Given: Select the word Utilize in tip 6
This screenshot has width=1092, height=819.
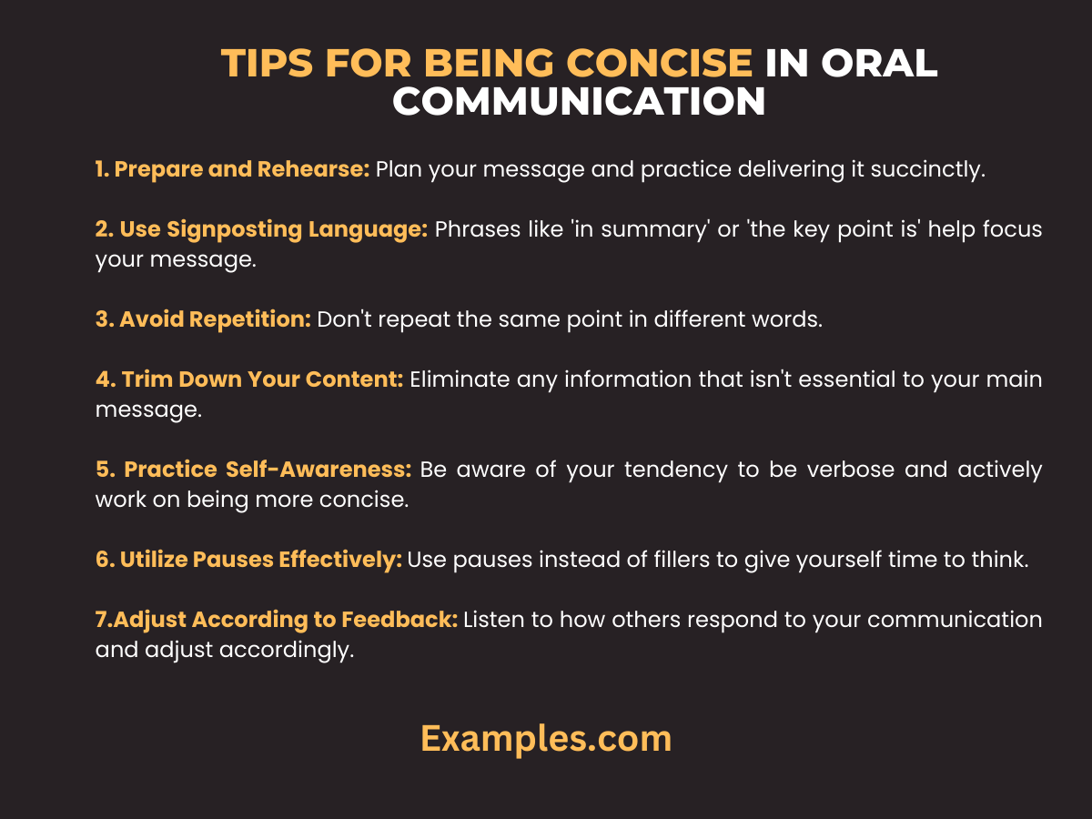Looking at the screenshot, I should [154, 561].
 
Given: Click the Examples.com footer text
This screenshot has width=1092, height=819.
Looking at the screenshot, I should [546, 738].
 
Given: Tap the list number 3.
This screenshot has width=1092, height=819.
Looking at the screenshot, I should [102, 319].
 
